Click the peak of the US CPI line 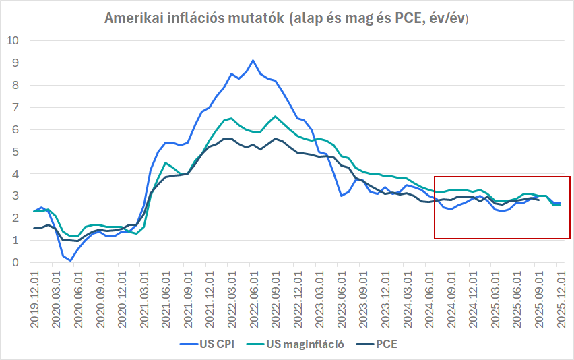253,61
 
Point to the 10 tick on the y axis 12,40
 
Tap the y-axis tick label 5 15,152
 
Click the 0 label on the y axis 15,262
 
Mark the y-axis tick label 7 15,107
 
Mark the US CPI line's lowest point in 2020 71,260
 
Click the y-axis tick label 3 15,196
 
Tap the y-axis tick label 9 15,63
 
